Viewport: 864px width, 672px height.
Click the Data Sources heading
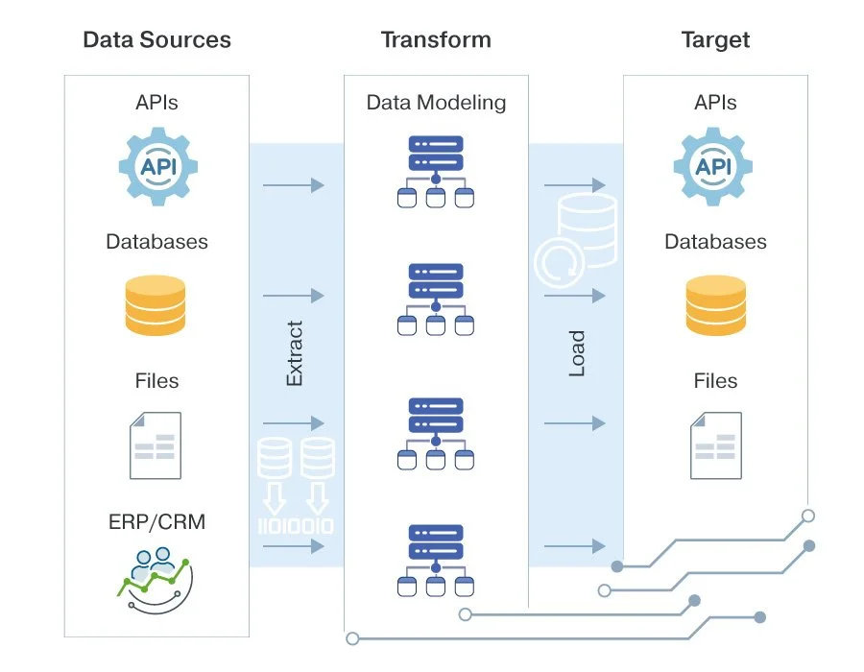tap(156, 40)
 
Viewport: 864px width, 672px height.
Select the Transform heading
tap(436, 40)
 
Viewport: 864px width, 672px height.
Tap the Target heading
tap(715, 40)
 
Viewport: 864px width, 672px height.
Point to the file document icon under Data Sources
tap(156, 444)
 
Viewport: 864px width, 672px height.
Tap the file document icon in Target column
tap(715, 444)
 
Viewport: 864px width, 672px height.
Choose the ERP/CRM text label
tap(156, 523)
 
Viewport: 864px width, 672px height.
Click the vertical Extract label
tap(295, 353)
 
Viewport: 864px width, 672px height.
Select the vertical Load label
tap(576, 353)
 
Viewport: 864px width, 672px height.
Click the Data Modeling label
tap(436, 102)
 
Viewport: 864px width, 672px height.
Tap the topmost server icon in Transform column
tap(436, 171)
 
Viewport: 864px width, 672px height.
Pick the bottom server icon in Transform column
tap(436, 560)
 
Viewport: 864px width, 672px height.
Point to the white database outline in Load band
tap(576, 235)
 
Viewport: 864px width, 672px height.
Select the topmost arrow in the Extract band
tap(295, 185)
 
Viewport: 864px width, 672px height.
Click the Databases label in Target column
tap(715, 241)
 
